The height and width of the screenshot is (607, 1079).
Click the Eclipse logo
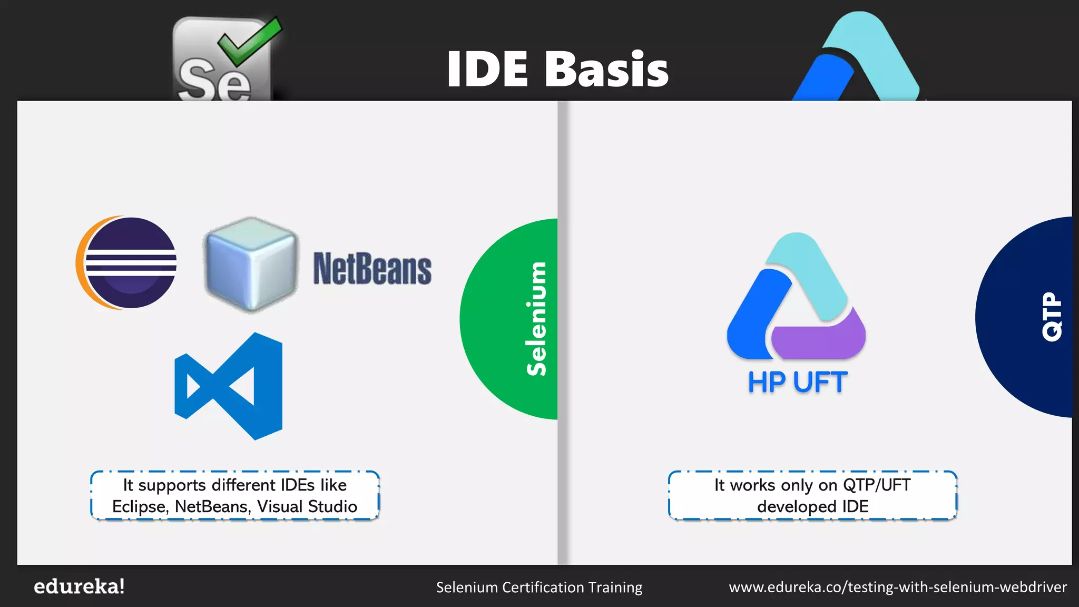[x=127, y=262]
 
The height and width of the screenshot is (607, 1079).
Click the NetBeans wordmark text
[x=372, y=269]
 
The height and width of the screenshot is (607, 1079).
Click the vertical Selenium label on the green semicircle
[x=536, y=319]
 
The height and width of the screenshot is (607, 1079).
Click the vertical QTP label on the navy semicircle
[x=1052, y=317]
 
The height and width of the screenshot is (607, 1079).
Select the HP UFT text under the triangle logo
[x=797, y=383]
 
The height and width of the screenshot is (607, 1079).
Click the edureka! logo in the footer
[x=79, y=586]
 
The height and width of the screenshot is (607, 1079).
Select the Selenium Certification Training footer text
[x=539, y=587]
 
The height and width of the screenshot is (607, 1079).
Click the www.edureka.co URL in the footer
[x=897, y=587]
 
